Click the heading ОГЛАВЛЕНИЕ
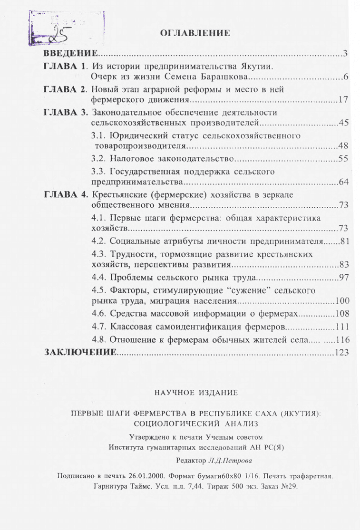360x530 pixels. pyautogui.click(x=196, y=33)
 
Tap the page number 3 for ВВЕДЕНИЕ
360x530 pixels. pyautogui.click(x=347, y=52)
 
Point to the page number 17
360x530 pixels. pyautogui.click(x=344, y=100)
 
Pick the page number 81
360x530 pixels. pyautogui.click(x=345, y=239)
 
